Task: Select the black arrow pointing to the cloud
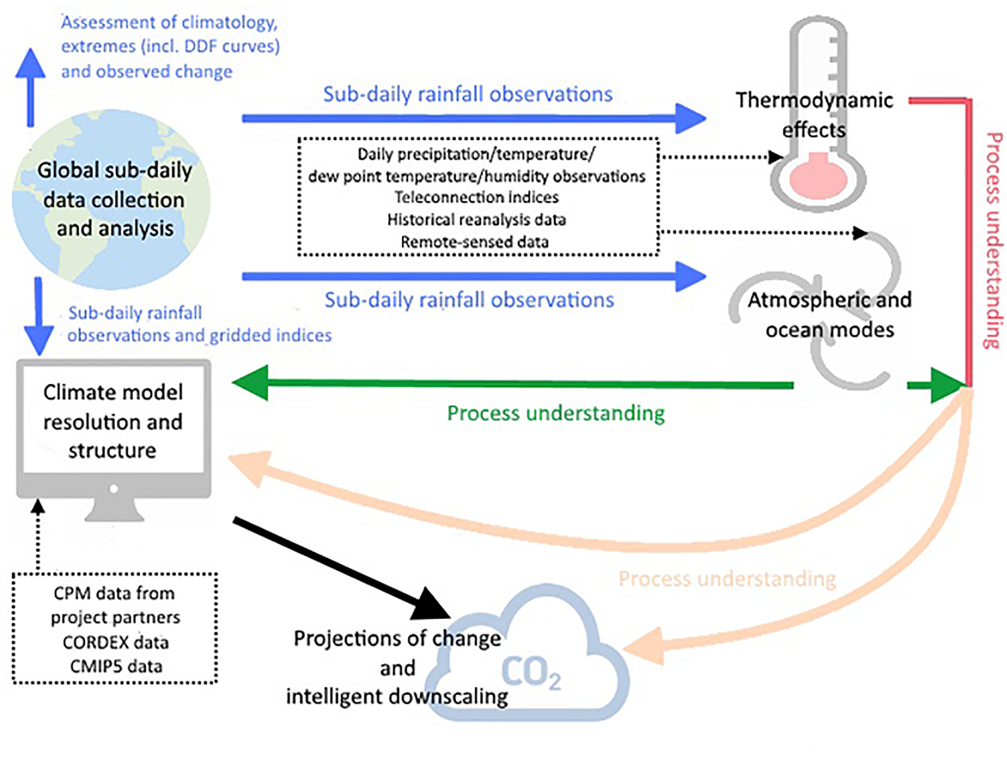coord(341,568)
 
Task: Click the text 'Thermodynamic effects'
coord(814,115)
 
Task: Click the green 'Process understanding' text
coord(556,413)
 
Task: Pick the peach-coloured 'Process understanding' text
coord(727,579)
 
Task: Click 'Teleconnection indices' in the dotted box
coord(477,197)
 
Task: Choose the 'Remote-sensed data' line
coord(475,242)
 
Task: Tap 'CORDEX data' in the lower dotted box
coord(116,642)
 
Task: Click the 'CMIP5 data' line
coord(116,666)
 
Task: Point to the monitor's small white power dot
coord(114,488)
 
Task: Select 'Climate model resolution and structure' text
coord(113,421)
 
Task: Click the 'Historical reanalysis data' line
coord(477,220)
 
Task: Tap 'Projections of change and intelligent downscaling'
coord(397,667)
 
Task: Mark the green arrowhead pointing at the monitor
coord(252,383)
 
